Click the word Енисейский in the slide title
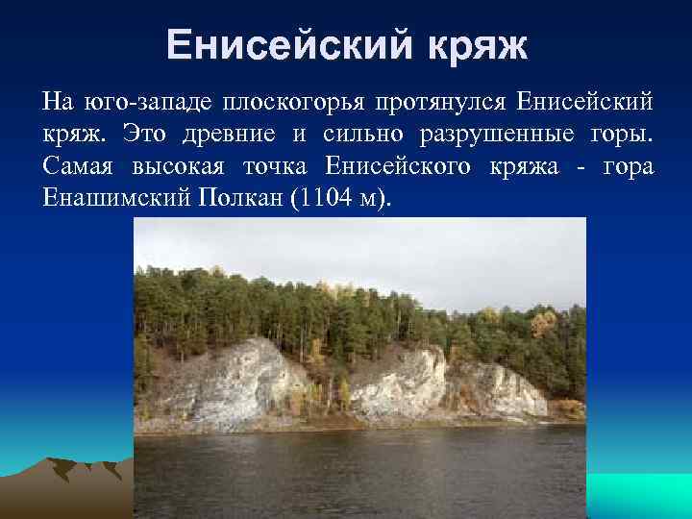pos(288,44)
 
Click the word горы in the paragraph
pos(623,134)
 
